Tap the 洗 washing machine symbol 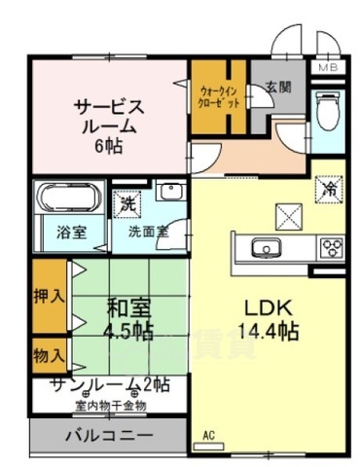127,204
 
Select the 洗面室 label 148,234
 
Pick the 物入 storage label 49,354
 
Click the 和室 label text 128,309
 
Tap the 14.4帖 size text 271,330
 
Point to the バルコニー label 108,434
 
